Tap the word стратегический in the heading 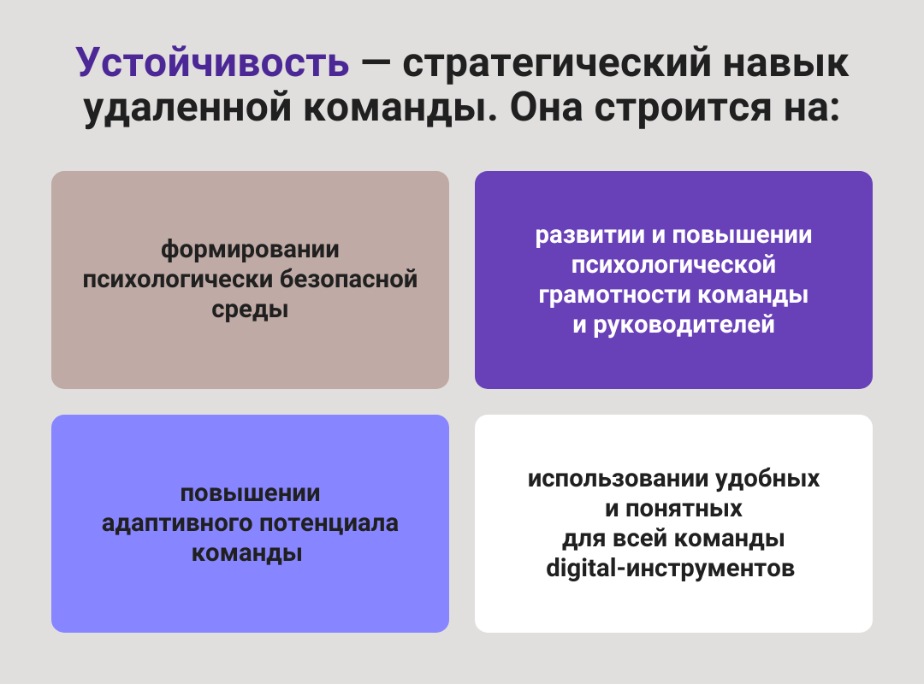coord(558,63)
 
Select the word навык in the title coord(785,62)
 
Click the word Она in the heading coord(546,107)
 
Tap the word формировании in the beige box coord(250,250)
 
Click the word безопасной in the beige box coord(348,279)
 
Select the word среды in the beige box coord(250,310)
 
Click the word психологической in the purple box coord(673,265)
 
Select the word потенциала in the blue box coord(329,523)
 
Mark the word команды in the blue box coord(247,553)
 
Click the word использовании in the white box coord(618,479)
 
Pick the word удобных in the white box coord(767,479)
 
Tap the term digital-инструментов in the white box coord(671,569)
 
